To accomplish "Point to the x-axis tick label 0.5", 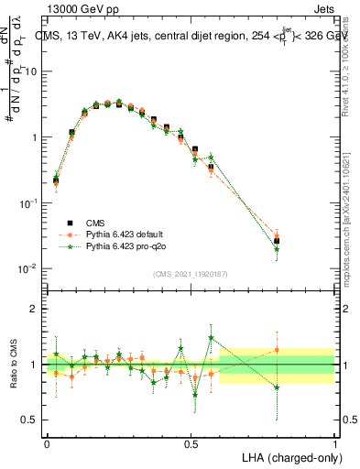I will pos(191,442).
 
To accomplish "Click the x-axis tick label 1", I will pos(334,442).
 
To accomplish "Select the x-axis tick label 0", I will pos(47,442).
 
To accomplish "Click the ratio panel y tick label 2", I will pos(32,309).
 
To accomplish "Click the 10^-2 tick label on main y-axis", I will pos(28,268).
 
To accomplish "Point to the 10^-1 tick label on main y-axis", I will pos(28,203).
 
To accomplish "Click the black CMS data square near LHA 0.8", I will pos(277,241).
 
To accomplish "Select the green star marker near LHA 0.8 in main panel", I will pos(277,248).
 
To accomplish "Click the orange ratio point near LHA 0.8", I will pos(277,350).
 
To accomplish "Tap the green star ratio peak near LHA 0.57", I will pos(212,337).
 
